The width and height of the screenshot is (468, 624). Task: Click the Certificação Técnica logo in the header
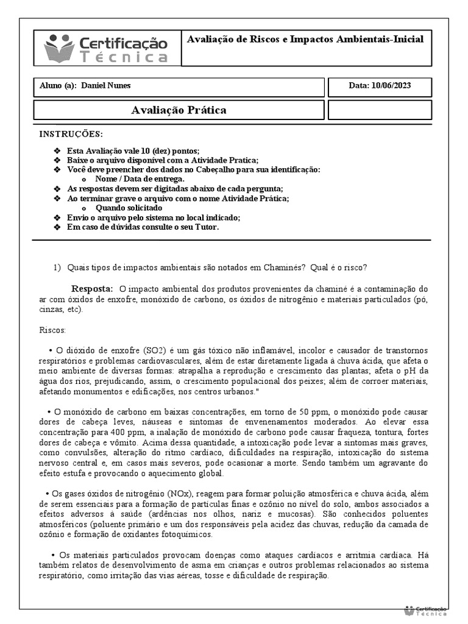click(107, 49)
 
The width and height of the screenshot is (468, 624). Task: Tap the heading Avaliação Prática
click(179, 110)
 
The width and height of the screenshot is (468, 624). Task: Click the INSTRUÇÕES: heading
click(71, 134)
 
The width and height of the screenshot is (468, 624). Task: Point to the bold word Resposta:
click(93, 288)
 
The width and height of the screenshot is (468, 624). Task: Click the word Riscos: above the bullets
click(52, 330)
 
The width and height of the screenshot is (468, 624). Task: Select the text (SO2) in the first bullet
click(155, 350)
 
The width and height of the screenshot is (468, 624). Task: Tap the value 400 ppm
click(108, 432)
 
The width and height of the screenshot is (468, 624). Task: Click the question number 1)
click(57, 268)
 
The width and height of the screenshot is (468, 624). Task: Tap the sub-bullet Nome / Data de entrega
click(140, 179)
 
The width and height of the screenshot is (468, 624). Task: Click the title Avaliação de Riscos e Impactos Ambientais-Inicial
click(305, 39)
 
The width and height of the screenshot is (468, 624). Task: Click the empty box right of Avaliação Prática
click(380, 110)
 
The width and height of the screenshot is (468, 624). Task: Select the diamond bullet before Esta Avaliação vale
click(57, 151)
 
